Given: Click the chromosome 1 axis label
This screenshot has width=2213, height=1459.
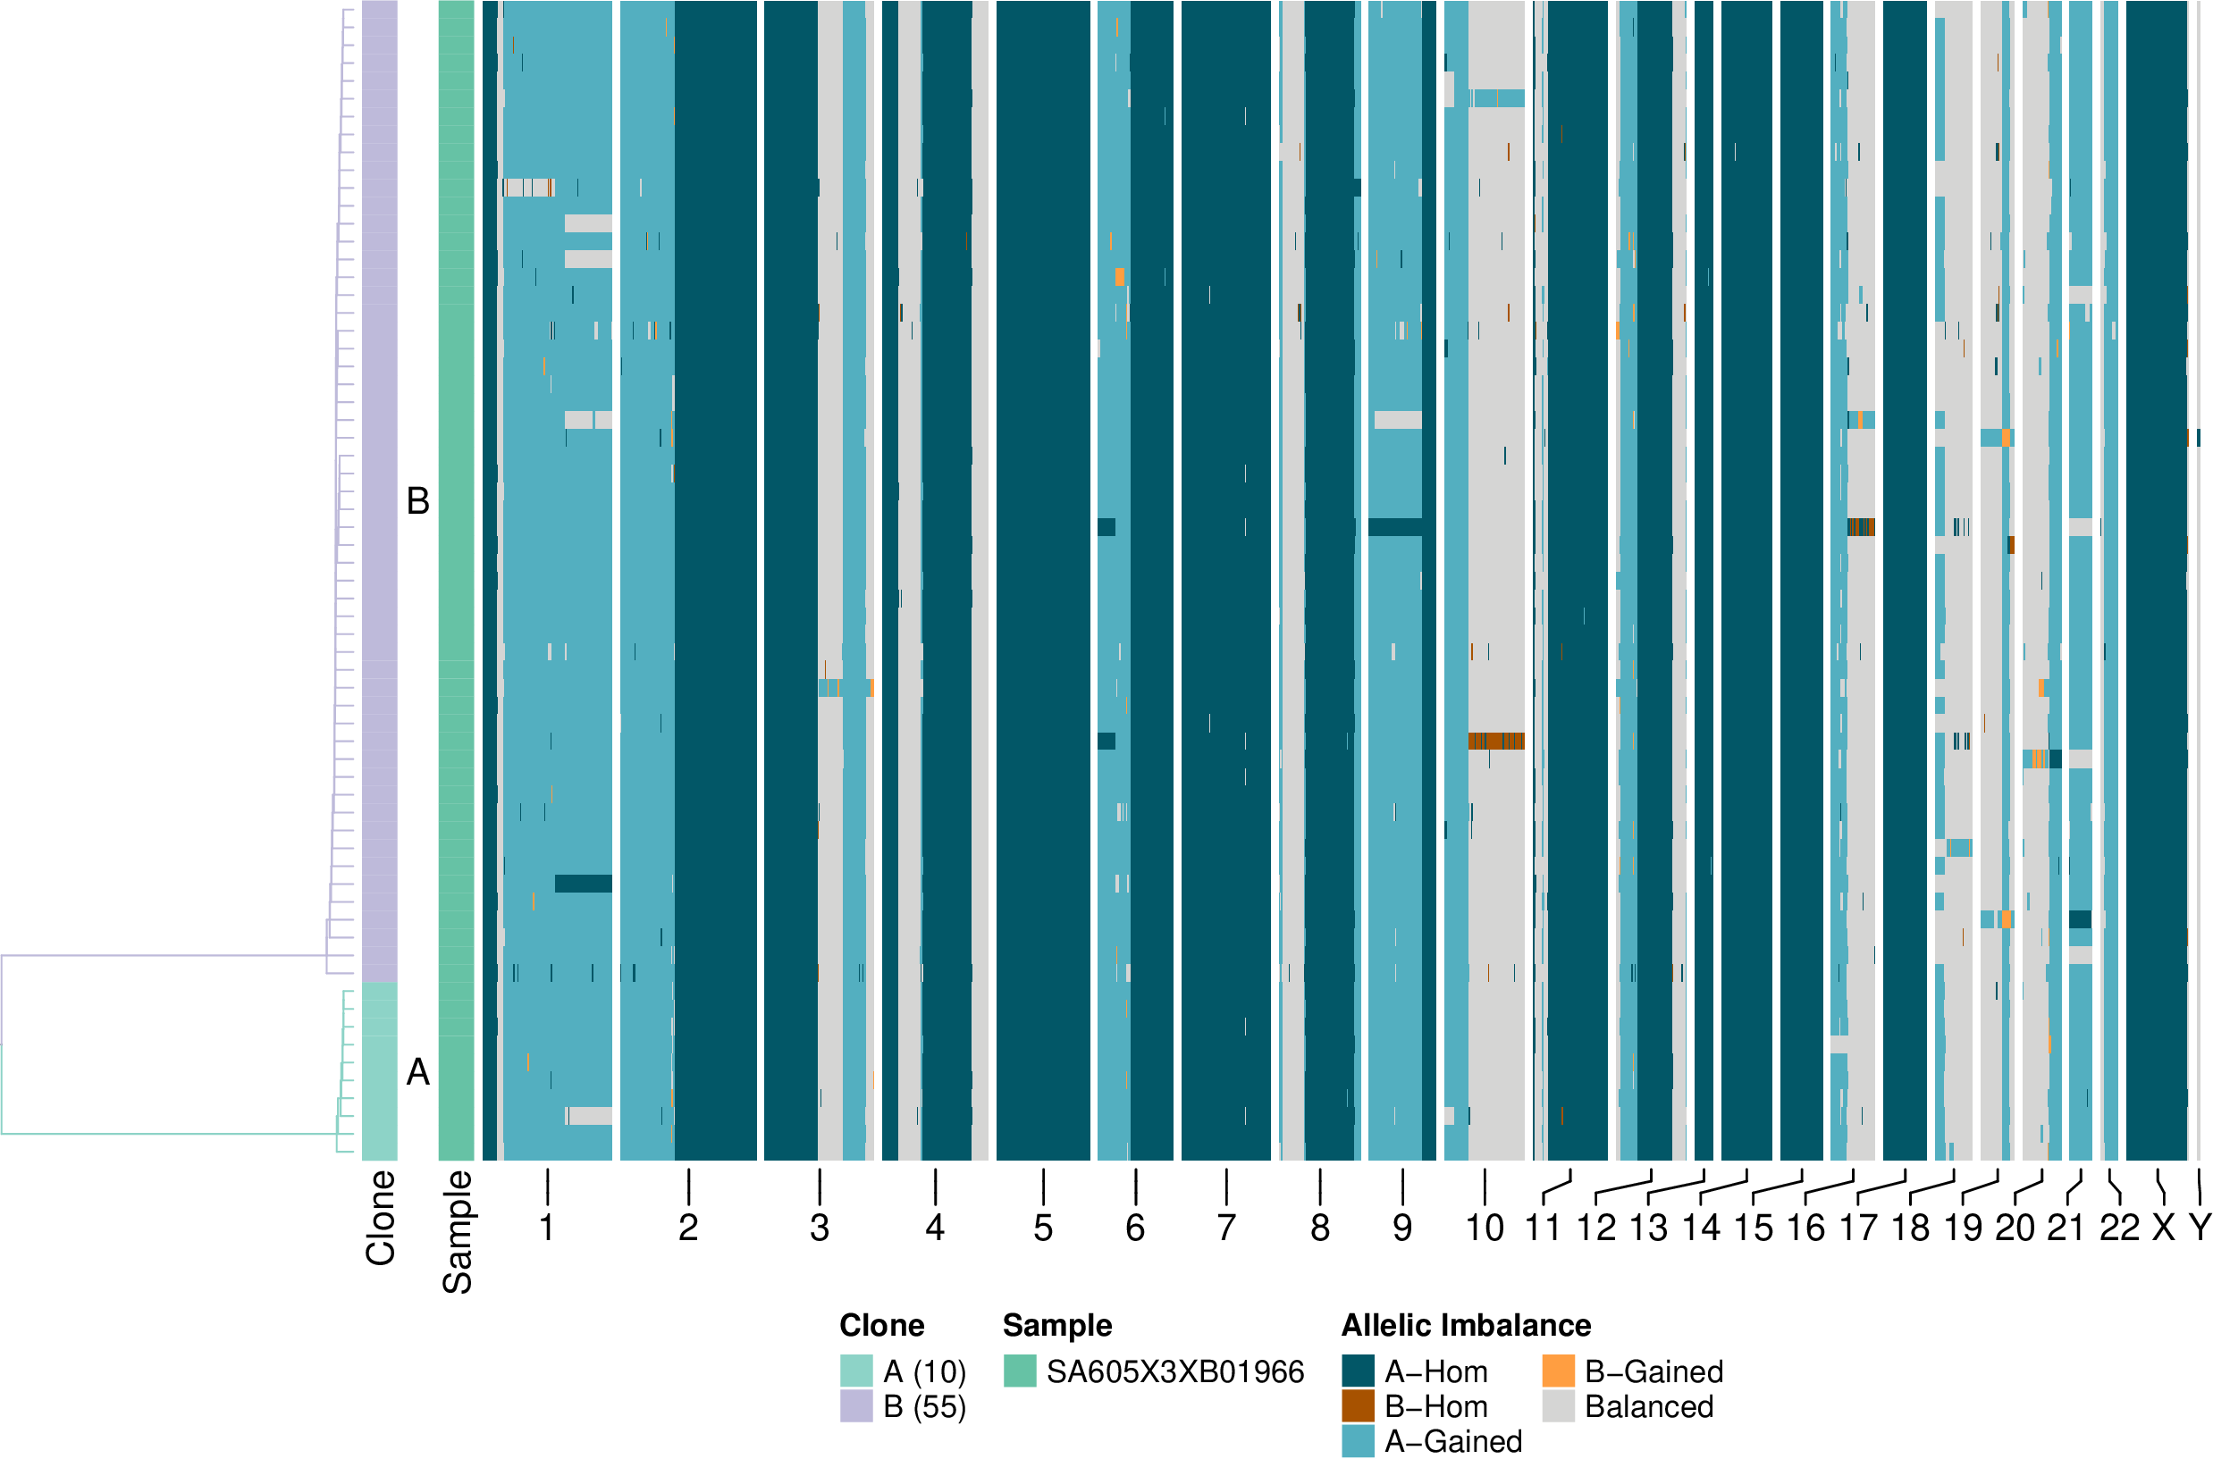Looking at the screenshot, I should (x=547, y=1228).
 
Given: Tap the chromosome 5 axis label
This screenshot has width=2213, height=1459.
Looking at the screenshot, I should (x=1042, y=1228).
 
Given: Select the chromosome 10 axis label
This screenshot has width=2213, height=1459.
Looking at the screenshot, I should (x=1485, y=1228).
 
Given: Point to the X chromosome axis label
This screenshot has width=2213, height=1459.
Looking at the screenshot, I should (x=2164, y=1228).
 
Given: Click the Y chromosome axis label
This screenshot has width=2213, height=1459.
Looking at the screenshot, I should (x=2199, y=1228).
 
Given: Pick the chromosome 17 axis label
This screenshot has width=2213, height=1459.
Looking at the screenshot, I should (x=1858, y=1228).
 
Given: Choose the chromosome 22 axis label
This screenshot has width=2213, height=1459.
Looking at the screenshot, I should (x=2119, y=1228).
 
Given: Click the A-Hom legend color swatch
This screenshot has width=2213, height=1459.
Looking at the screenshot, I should (x=1358, y=1371).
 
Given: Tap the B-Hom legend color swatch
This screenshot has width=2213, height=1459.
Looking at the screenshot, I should (x=1358, y=1406).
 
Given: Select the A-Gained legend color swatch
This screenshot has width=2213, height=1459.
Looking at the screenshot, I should (x=1358, y=1440).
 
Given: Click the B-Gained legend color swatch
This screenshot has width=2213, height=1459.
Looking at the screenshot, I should (x=1558, y=1371).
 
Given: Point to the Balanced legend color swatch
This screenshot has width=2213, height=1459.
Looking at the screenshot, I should (x=1558, y=1406).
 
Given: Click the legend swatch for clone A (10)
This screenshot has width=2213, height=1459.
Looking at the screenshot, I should (x=856, y=1371).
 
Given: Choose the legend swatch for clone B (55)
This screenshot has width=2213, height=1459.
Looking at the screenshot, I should (x=856, y=1406).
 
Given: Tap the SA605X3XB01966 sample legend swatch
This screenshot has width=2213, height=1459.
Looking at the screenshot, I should (x=1020, y=1371).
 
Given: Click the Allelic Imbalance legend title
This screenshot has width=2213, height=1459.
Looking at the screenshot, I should (x=1466, y=1325).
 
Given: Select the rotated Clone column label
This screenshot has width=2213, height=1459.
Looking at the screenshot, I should (x=381, y=1218).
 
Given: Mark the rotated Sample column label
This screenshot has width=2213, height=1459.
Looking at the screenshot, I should (x=457, y=1232).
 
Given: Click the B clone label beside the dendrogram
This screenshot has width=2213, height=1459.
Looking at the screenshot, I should (x=418, y=501).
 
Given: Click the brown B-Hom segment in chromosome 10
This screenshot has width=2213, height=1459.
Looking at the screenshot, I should (x=1495, y=741).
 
